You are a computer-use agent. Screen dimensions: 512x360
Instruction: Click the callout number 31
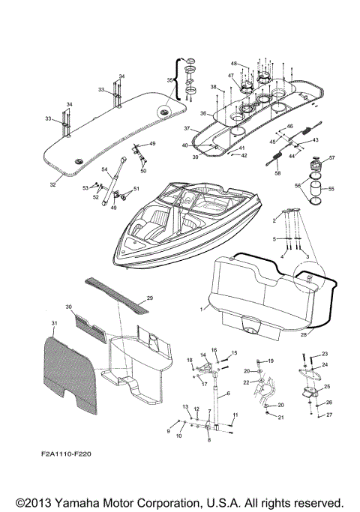(x=53, y=323)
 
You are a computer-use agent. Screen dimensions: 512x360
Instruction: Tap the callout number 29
(x=149, y=298)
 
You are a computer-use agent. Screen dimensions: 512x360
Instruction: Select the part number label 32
(x=52, y=184)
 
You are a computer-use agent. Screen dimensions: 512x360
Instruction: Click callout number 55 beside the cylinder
(x=333, y=190)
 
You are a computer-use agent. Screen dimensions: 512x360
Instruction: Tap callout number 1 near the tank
(x=200, y=308)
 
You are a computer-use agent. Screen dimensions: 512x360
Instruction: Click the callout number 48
(x=233, y=63)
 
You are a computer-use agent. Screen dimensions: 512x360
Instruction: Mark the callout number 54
(x=105, y=169)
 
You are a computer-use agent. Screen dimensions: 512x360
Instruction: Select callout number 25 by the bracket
(x=326, y=386)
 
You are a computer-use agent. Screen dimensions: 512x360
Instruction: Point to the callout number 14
(x=202, y=355)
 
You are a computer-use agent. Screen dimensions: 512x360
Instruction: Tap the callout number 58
(x=277, y=173)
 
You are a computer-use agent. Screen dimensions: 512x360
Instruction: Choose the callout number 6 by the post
(x=227, y=393)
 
